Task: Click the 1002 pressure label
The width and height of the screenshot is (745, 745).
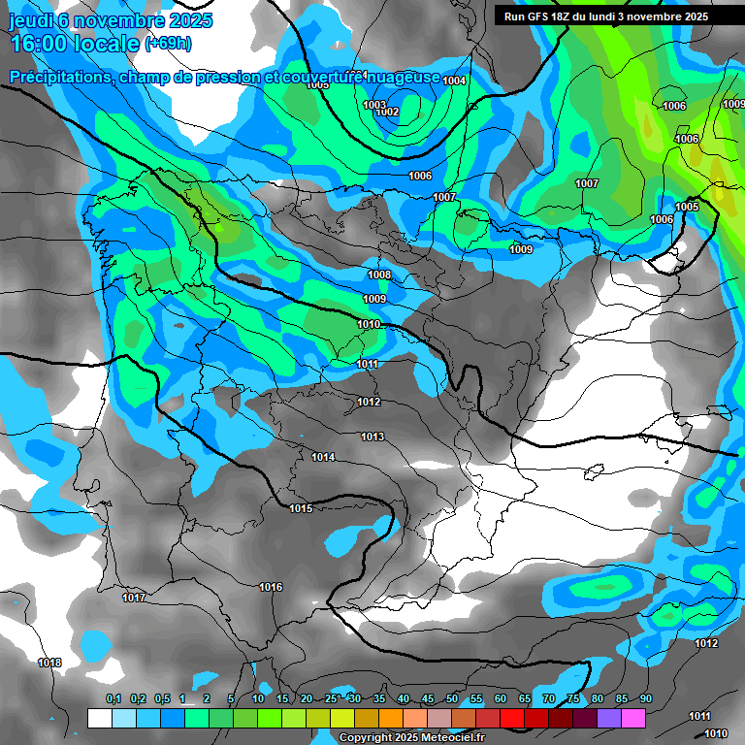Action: click(x=387, y=113)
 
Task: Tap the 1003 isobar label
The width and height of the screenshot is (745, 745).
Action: click(x=374, y=105)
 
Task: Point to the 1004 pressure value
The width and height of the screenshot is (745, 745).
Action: click(x=454, y=81)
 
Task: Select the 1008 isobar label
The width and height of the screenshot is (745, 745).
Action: click(x=379, y=275)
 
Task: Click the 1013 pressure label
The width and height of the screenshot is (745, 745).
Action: click(x=373, y=437)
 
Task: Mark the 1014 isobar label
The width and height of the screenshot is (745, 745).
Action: click(x=324, y=457)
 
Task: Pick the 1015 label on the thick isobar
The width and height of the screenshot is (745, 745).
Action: click(x=301, y=508)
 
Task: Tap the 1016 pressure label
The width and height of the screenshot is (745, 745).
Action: click(x=271, y=587)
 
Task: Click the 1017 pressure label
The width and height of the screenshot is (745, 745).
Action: click(x=134, y=598)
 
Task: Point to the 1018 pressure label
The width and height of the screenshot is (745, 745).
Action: click(x=49, y=663)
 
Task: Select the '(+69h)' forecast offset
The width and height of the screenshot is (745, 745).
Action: click(x=168, y=44)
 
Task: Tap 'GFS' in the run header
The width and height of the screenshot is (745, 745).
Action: click(x=540, y=16)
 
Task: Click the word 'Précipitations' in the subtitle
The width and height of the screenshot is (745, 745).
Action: click(x=59, y=77)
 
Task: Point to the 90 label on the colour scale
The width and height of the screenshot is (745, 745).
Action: click(x=645, y=699)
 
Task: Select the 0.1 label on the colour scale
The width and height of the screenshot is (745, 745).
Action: click(x=113, y=699)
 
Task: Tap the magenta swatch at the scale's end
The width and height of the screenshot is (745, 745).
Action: click(x=633, y=718)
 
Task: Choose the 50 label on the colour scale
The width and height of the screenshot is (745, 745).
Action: click(x=452, y=699)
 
